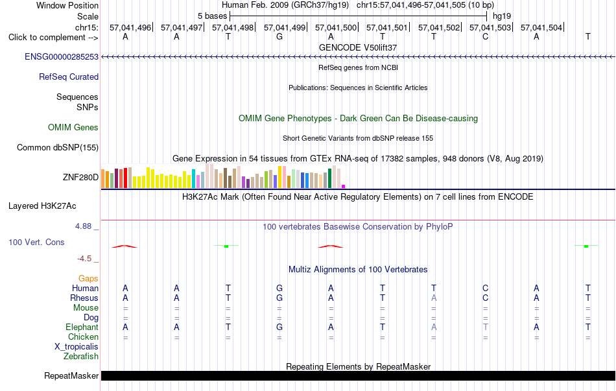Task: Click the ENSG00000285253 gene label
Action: pyautogui.click(x=62, y=56)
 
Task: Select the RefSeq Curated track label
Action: pyautogui.click(x=69, y=77)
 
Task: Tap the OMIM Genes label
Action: pyautogui.click(x=73, y=127)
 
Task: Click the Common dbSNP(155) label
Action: pyautogui.click(x=58, y=147)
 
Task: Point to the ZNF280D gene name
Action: pyautogui.click(x=80, y=177)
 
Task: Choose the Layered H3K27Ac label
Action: pyautogui.click(x=42, y=206)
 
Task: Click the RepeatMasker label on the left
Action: pyautogui.click(x=71, y=375)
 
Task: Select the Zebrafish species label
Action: pyautogui.click(x=81, y=357)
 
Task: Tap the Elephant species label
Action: pyautogui.click(x=82, y=327)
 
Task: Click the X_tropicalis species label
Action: pyautogui.click(x=77, y=347)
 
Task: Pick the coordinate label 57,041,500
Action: pyautogui.click(x=336, y=27)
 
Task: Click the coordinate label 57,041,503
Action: pyautogui.click(x=490, y=27)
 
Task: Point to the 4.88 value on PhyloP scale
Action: pyautogui.click(x=83, y=226)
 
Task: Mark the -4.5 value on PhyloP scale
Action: pyautogui.click(x=84, y=259)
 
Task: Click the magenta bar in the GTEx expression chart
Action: pyautogui.click(x=344, y=186)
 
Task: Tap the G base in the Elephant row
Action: pyautogui.click(x=279, y=327)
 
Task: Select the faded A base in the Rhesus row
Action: pyautogui.click(x=434, y=298)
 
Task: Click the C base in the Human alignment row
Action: pyautogui.click(x=486, y=288)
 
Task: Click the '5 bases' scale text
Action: pyautogui.click(x=212, y=16)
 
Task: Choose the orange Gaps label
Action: pyautogui.click(x=88, y=278)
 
